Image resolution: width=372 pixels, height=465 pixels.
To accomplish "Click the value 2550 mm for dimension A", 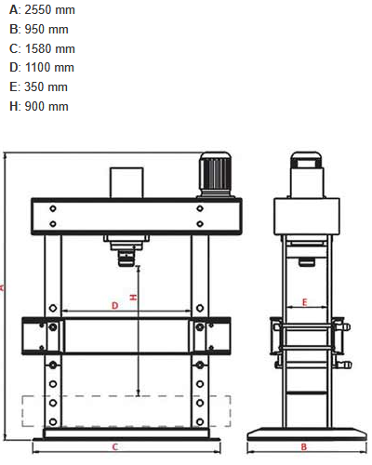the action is pos(49,10).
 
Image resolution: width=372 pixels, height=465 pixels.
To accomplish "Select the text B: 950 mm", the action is pos(39,30).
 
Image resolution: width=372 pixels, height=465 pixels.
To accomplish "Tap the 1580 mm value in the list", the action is pos(50,48).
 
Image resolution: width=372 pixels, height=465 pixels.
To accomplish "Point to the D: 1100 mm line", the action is pos(42,68).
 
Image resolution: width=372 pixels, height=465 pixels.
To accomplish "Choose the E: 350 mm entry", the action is pos(38,86).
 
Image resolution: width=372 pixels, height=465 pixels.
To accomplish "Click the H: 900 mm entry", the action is pos(39,106).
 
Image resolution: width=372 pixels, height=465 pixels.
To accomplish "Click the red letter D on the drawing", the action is pos(115,306).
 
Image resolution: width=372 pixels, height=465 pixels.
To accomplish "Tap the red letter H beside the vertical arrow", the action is pos(133,298).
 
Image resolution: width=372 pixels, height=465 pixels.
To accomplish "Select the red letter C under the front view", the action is pos(115,446).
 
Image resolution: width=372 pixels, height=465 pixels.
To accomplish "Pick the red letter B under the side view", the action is pos(304,446).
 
